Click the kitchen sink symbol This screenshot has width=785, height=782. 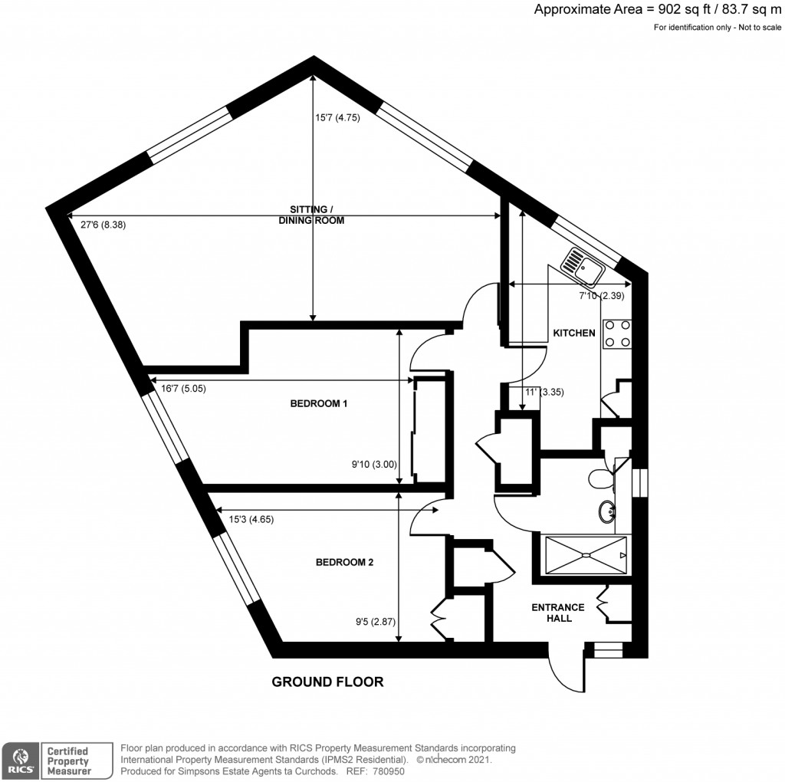point(582,264)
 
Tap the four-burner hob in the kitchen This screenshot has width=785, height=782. point(617,333)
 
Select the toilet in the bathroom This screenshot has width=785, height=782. point(601,479)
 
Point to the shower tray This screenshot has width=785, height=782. point(585,554)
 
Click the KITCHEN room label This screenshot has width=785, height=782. point(574,333)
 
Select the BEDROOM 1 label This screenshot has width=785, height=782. point(319,403)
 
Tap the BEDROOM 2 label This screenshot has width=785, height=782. point(344,562)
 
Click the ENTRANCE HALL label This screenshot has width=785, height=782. point(558,613)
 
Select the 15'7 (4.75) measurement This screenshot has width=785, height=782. point(337,118)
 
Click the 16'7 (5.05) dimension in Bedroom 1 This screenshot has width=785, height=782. point(184,389)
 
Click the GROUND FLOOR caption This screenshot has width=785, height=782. point(327,682)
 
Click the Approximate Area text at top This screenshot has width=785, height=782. point(657,10)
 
